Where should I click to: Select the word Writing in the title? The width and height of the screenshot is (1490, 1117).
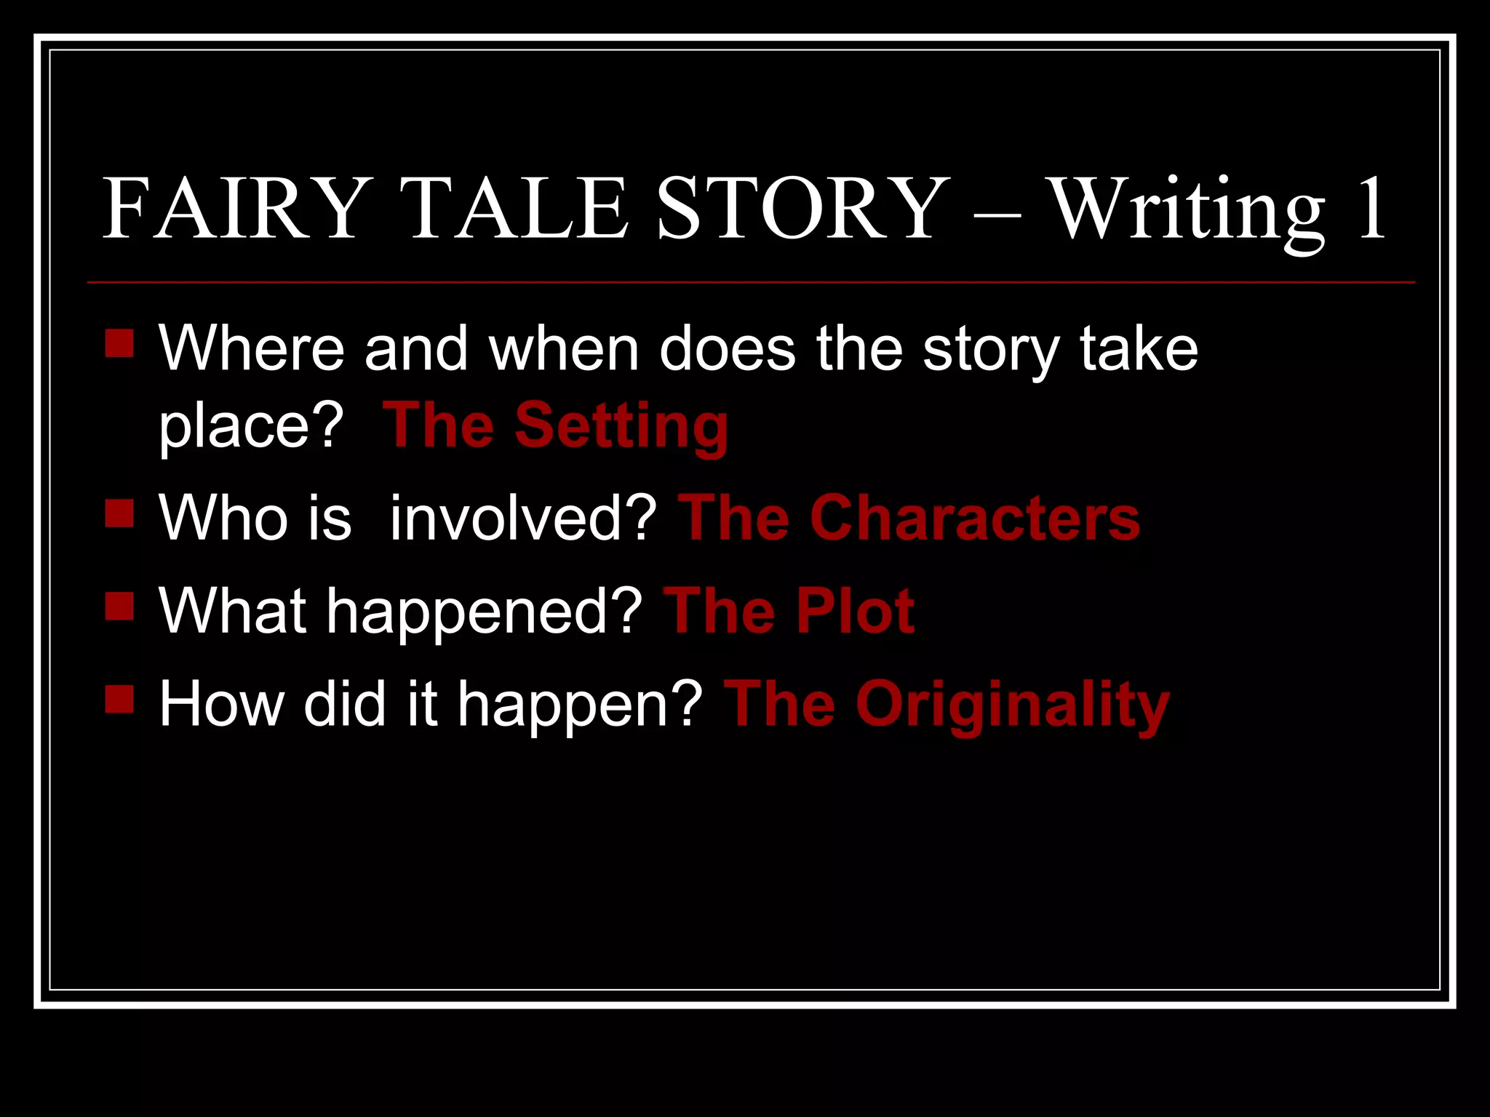1187,211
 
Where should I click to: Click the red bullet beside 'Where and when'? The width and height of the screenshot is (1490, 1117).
119,343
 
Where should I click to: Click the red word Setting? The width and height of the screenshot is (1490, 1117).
621,426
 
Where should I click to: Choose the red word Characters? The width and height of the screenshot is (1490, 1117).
975,518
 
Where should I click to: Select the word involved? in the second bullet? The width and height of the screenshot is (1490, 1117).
524,518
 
